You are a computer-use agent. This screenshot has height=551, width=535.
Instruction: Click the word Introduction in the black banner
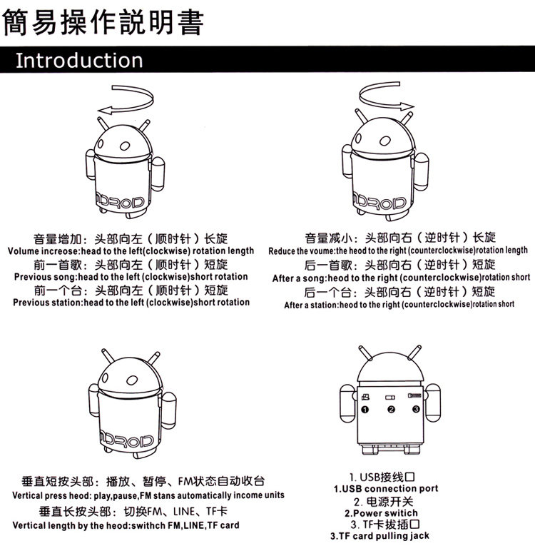(x=79, y=61)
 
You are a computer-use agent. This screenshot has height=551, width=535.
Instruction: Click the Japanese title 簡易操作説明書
(x=103, y=22)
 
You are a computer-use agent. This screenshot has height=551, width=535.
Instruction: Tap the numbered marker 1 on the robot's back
(x=365, y=410)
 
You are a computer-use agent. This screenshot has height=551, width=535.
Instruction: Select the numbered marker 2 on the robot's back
(x=391, y=410)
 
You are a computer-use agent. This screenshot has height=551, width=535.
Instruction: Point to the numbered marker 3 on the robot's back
(x=416, y=409)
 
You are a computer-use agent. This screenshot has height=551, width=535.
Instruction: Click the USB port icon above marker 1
(x=365, y=397)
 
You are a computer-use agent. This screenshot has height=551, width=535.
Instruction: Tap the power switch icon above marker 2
(x=390, y=398)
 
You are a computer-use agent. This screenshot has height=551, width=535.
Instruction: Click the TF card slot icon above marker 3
(x=414, y=395)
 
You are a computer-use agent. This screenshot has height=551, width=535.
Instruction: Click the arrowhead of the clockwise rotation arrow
(x=104, y=111)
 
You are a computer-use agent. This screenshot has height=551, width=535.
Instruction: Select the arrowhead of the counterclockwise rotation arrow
(x=407, y=106)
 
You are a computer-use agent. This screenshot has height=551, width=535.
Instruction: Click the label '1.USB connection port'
(x=386, y=489)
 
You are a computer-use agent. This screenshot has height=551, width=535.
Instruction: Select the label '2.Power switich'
(x=381, y=513)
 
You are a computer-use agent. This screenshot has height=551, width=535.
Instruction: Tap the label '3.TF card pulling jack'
(x=379, y=536)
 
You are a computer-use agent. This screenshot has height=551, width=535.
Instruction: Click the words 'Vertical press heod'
(x=51, y=496)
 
